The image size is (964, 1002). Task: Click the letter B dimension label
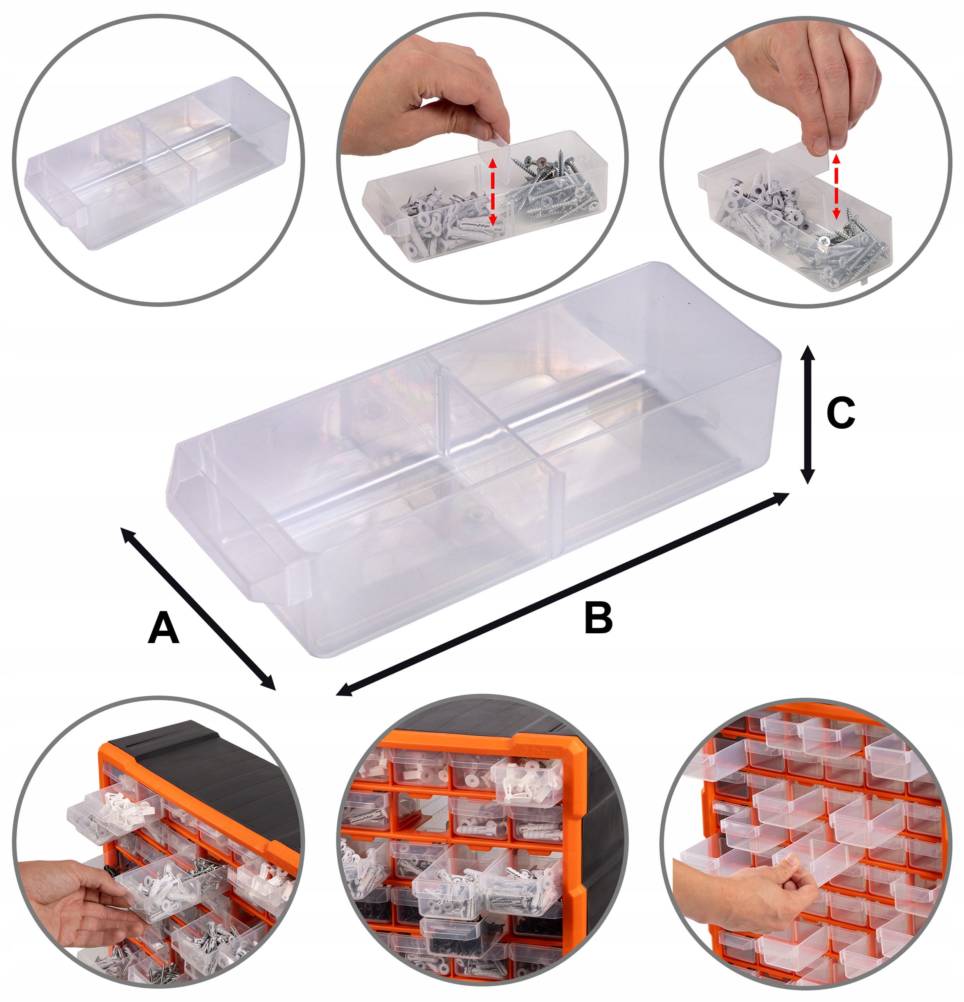point(598,618)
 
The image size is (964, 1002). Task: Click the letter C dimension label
point(840,413)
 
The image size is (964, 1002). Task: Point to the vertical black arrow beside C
point(807,414)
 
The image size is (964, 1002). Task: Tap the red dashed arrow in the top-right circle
point(836,186)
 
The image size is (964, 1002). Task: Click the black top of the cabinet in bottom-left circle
point(204,762)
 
